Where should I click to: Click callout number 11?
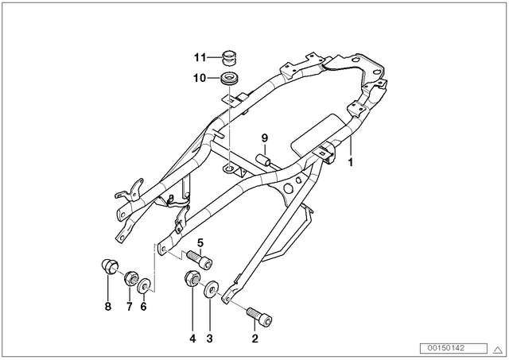(x=200, y=57)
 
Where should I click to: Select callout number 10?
(x=200, y=78)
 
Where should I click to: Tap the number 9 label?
(x=265, y=138)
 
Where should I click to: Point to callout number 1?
(x=350, y=162)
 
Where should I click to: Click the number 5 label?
(x=200, y=242)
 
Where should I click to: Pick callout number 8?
(x=108, y=307)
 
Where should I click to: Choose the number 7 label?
(x=129, y=307)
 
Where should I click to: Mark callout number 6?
(x=143, y=307)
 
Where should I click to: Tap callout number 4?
(x=192, y=339)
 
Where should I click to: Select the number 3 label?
(x=209, y=339)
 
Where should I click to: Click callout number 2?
(x=254, y=339)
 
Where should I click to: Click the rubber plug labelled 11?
(x=230, y=57)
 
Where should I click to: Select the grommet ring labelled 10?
(x=229, y=79)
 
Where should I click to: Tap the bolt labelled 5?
(x=200, y=258)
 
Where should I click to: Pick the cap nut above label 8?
(x=110, y=266)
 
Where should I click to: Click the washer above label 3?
(x=212, y=288)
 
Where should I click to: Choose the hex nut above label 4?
(x=192, y=278)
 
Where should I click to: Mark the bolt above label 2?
(x=259, y=316)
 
